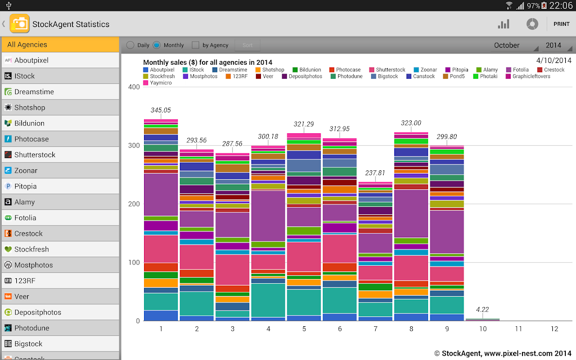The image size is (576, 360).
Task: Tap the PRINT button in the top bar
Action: point(561,24)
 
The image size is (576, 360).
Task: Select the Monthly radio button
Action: point(156,45)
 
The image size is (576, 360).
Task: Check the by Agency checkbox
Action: point(195,45)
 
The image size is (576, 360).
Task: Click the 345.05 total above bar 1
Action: point(160,110)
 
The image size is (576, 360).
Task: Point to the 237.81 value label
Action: point(375,173)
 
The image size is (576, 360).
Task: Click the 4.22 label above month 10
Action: point(482,309)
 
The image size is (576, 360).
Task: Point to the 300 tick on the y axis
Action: point(134,146)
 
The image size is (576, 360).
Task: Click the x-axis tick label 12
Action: point(554,328)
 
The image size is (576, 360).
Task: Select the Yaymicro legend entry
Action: point(157,83)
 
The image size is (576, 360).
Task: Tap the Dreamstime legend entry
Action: point(229,69)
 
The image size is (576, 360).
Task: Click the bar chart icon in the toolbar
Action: point(503,24)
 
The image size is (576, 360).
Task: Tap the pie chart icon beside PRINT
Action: point(532,24)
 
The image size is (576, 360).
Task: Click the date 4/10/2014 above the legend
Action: point(553,61)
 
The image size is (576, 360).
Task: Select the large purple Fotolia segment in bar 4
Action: point(268,215)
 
